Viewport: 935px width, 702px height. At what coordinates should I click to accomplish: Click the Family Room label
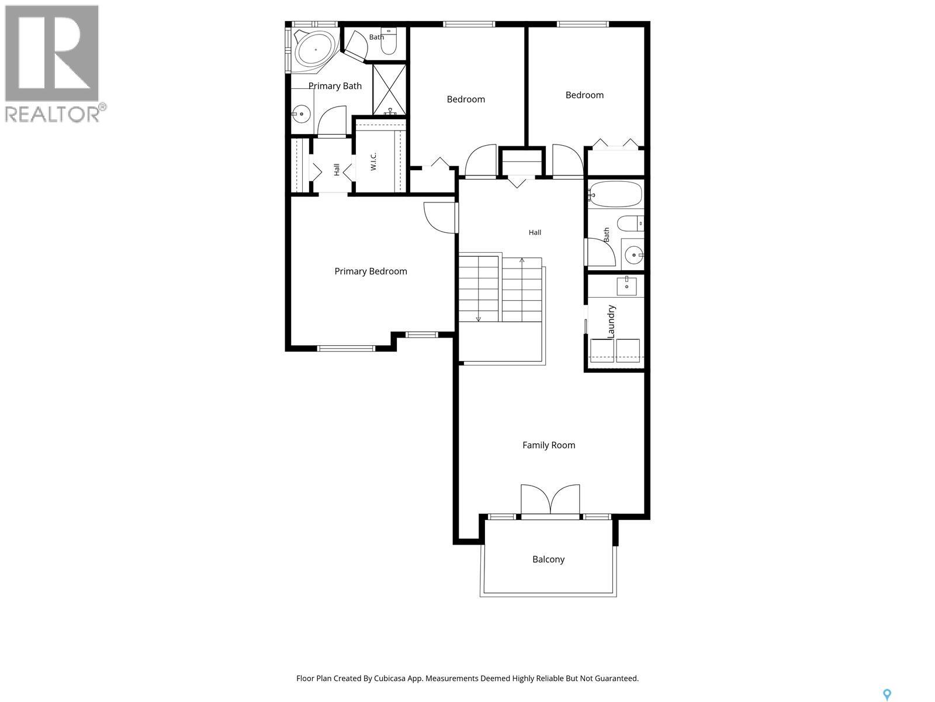549,445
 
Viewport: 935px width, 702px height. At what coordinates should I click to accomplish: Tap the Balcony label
548,559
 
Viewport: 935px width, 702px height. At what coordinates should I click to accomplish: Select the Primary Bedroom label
370,271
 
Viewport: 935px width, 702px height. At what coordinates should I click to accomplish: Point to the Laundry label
611,322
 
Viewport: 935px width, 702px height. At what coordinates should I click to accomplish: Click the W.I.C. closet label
373,161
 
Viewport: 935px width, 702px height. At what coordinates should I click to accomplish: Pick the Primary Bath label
335,86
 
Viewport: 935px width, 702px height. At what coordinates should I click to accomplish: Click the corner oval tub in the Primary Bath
316,50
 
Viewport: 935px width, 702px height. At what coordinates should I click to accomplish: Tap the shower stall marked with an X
389,90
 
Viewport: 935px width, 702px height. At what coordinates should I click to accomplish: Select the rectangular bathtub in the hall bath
616,194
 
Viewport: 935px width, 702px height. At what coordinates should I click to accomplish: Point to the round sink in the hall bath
634,255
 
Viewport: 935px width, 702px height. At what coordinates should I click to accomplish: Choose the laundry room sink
626,285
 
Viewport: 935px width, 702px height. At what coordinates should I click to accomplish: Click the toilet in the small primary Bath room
388,41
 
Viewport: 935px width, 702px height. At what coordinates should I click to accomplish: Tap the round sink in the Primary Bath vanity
301,114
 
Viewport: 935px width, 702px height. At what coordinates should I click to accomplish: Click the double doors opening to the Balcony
550,500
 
